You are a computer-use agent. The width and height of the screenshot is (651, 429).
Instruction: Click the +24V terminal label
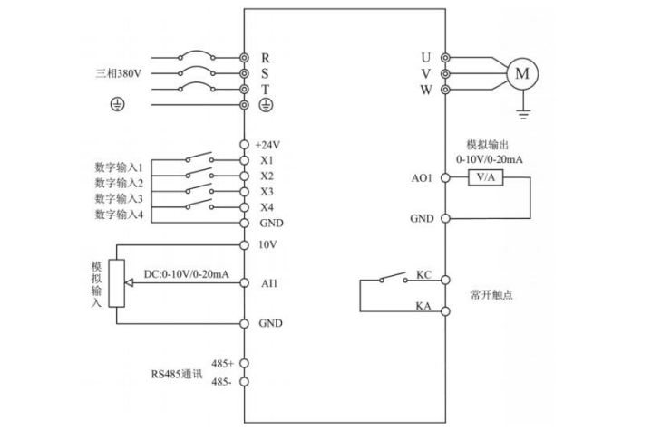pyautogui.click(x=267, y=145)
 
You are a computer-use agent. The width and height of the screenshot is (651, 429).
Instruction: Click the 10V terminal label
pyautogui.click(x=266, y=245)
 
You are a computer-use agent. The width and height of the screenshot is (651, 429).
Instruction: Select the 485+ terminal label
pyautogui.click(x=223, y=363)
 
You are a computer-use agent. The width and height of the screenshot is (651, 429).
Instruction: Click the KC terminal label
pyautogui.click(x=423, y=274)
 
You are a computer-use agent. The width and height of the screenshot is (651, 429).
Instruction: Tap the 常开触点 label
pyautogui.click(x=491, y=294)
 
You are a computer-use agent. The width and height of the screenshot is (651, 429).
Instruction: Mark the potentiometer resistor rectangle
pyautogui.click(x=115, y=283)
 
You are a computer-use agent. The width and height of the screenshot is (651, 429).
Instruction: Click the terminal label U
pyautogui.click(x=425, y=57)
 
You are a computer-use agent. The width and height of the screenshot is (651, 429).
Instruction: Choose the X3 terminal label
pyautogui.click(x=267, y=191)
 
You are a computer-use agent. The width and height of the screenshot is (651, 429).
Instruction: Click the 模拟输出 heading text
pyautogui.click(x=489, y=144)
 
